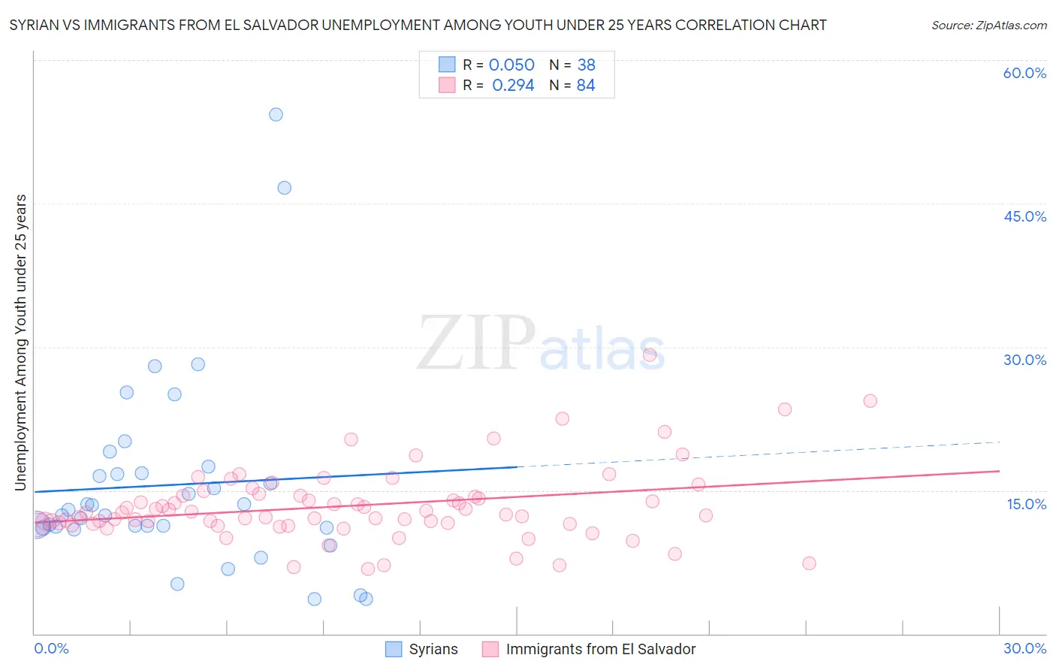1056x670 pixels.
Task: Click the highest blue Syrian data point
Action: [276, 114]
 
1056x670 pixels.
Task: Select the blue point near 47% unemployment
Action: [284, 188]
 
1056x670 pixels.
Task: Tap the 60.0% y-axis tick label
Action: [1024, 73]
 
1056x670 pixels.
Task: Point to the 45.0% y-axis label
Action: [1024, 216]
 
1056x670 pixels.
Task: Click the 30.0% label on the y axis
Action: [1024, 360]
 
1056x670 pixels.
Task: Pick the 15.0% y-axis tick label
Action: [1026, 503]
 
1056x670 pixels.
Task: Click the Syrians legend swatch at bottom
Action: [394, 649]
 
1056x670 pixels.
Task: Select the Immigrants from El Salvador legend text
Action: [601, 649]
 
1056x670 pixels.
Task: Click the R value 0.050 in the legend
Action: [511, 65]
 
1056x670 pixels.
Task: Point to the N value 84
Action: [586, 86]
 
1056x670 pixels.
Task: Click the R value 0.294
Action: [513, 86]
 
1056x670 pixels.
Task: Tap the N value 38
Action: [586, 65]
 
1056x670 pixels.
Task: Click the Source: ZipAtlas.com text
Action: [988, 26]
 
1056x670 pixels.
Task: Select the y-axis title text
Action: [21, 343]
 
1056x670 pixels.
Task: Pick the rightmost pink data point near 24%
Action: [870, 400]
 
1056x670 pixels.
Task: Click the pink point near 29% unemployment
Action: [650, 355]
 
